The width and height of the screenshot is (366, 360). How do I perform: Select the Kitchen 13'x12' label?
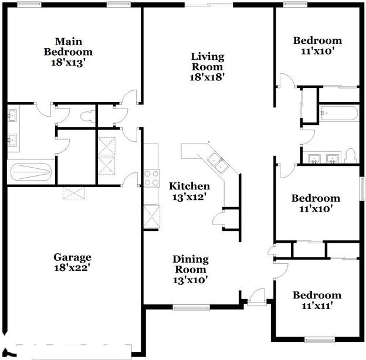pos(189,191)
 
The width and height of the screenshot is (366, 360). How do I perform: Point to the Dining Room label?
pos(189,264)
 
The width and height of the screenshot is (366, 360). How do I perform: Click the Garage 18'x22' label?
pos(72,262)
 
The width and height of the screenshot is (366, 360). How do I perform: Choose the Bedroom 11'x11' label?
pos(317,300)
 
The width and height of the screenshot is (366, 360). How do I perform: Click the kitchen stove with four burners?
pos(151,178)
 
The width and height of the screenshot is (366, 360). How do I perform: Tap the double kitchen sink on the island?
pos(216,162)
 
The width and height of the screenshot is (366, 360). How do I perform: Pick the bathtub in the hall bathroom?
pos(339,114)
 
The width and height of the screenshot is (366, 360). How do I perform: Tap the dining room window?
pos(191,307)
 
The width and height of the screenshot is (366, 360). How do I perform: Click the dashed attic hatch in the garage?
pos(74,192)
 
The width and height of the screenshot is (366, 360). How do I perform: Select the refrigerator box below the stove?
pos(151,216)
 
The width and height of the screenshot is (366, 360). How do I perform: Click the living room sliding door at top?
pos(208,5)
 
